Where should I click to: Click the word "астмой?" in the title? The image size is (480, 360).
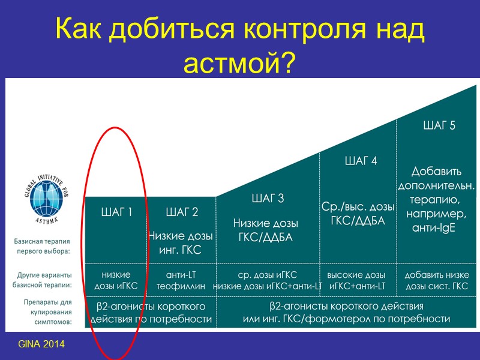[x=240, y=61]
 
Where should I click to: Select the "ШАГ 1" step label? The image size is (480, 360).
[x=118, y=212]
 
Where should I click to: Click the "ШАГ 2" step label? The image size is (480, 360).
[x=182, y=212]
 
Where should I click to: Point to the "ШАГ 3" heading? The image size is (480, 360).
[x=268, y=199]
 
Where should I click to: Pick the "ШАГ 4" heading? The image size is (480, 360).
[x=361, y=161]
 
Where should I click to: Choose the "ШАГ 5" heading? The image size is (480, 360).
[x=439, y=125]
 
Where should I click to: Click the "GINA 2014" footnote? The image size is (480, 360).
[x=41, y=344]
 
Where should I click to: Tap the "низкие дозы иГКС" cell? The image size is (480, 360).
[x=117, y=280]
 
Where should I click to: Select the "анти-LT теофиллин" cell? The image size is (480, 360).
[x=181, y=280]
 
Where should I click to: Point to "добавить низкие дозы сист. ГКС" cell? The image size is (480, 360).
[x=436, y=280]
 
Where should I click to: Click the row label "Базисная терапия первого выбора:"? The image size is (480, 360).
[x=42, y=245]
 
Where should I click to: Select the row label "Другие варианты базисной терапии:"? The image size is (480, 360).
[x=41, y=280]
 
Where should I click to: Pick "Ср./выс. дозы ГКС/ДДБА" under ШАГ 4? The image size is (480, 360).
[x=358, y=213]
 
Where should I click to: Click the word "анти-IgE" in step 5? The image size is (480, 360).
[x=434, y=227]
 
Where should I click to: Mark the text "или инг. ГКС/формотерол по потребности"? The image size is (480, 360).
[x=346, y=319]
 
